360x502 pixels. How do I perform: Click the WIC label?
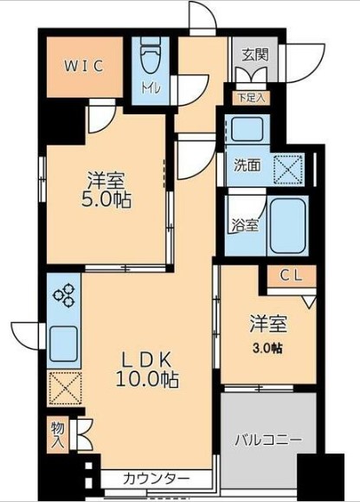click(85, 66)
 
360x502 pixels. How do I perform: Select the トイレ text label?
click(151, 87)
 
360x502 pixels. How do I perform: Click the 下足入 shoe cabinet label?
click(252, 98)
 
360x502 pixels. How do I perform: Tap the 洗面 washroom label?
click(247, 165)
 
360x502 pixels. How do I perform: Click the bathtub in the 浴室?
click(287, 226)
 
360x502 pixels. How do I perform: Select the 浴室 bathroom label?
click(245, 226)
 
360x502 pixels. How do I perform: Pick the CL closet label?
click(292, 275)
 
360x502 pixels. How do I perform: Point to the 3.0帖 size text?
click(267, 348)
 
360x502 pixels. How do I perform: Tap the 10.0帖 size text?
click(147, 380)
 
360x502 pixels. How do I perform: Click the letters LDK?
click(147, 361)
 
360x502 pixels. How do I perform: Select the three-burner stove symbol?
click(64, 295)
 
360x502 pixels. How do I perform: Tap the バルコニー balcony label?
click(268, 441)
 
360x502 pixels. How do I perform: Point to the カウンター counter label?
click(156, 479)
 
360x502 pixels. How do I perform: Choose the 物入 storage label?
click(58, 434)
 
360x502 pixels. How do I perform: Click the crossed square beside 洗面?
click(288, 170)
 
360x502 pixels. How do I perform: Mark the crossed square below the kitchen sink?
click(65, 388)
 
